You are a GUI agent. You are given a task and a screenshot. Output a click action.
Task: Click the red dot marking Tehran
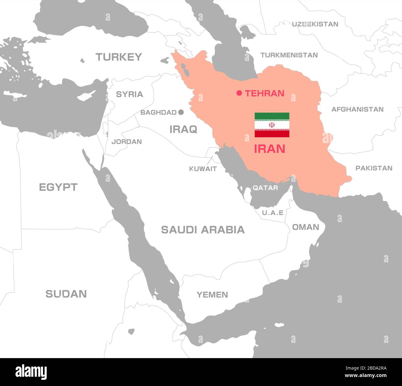point(239,93)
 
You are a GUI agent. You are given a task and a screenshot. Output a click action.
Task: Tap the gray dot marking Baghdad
point(181,112)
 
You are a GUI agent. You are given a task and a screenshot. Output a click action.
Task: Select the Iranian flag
point(272,125)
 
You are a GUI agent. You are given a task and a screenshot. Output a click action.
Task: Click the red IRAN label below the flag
point(270,149)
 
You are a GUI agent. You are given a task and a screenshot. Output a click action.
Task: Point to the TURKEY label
point(119,57)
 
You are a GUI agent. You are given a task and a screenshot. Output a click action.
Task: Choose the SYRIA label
point(129,94)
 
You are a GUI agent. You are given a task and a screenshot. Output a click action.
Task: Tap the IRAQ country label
point(183,129)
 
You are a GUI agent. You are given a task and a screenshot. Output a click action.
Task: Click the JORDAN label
point(126,142)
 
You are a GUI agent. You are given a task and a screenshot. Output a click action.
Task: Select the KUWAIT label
point(203,169)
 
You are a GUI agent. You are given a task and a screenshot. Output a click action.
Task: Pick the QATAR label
point(265,188)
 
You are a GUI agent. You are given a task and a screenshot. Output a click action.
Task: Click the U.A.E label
point(273,213)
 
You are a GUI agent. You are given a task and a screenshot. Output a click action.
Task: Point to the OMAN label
point(306,227)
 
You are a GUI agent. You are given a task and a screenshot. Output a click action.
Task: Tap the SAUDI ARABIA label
point(203,230)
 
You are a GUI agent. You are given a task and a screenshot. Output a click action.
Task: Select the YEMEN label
point(212,295)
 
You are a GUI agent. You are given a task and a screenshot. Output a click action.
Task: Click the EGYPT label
point(58,187)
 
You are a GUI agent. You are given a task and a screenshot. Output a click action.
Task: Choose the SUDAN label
point(66,294)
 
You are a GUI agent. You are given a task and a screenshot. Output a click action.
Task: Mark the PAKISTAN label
point(374,168)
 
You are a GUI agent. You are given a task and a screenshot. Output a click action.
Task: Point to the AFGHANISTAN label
point(357,109)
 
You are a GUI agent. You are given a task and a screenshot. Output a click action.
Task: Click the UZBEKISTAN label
point(315,24)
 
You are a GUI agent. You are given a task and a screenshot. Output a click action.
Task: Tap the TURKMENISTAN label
point(289,55)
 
